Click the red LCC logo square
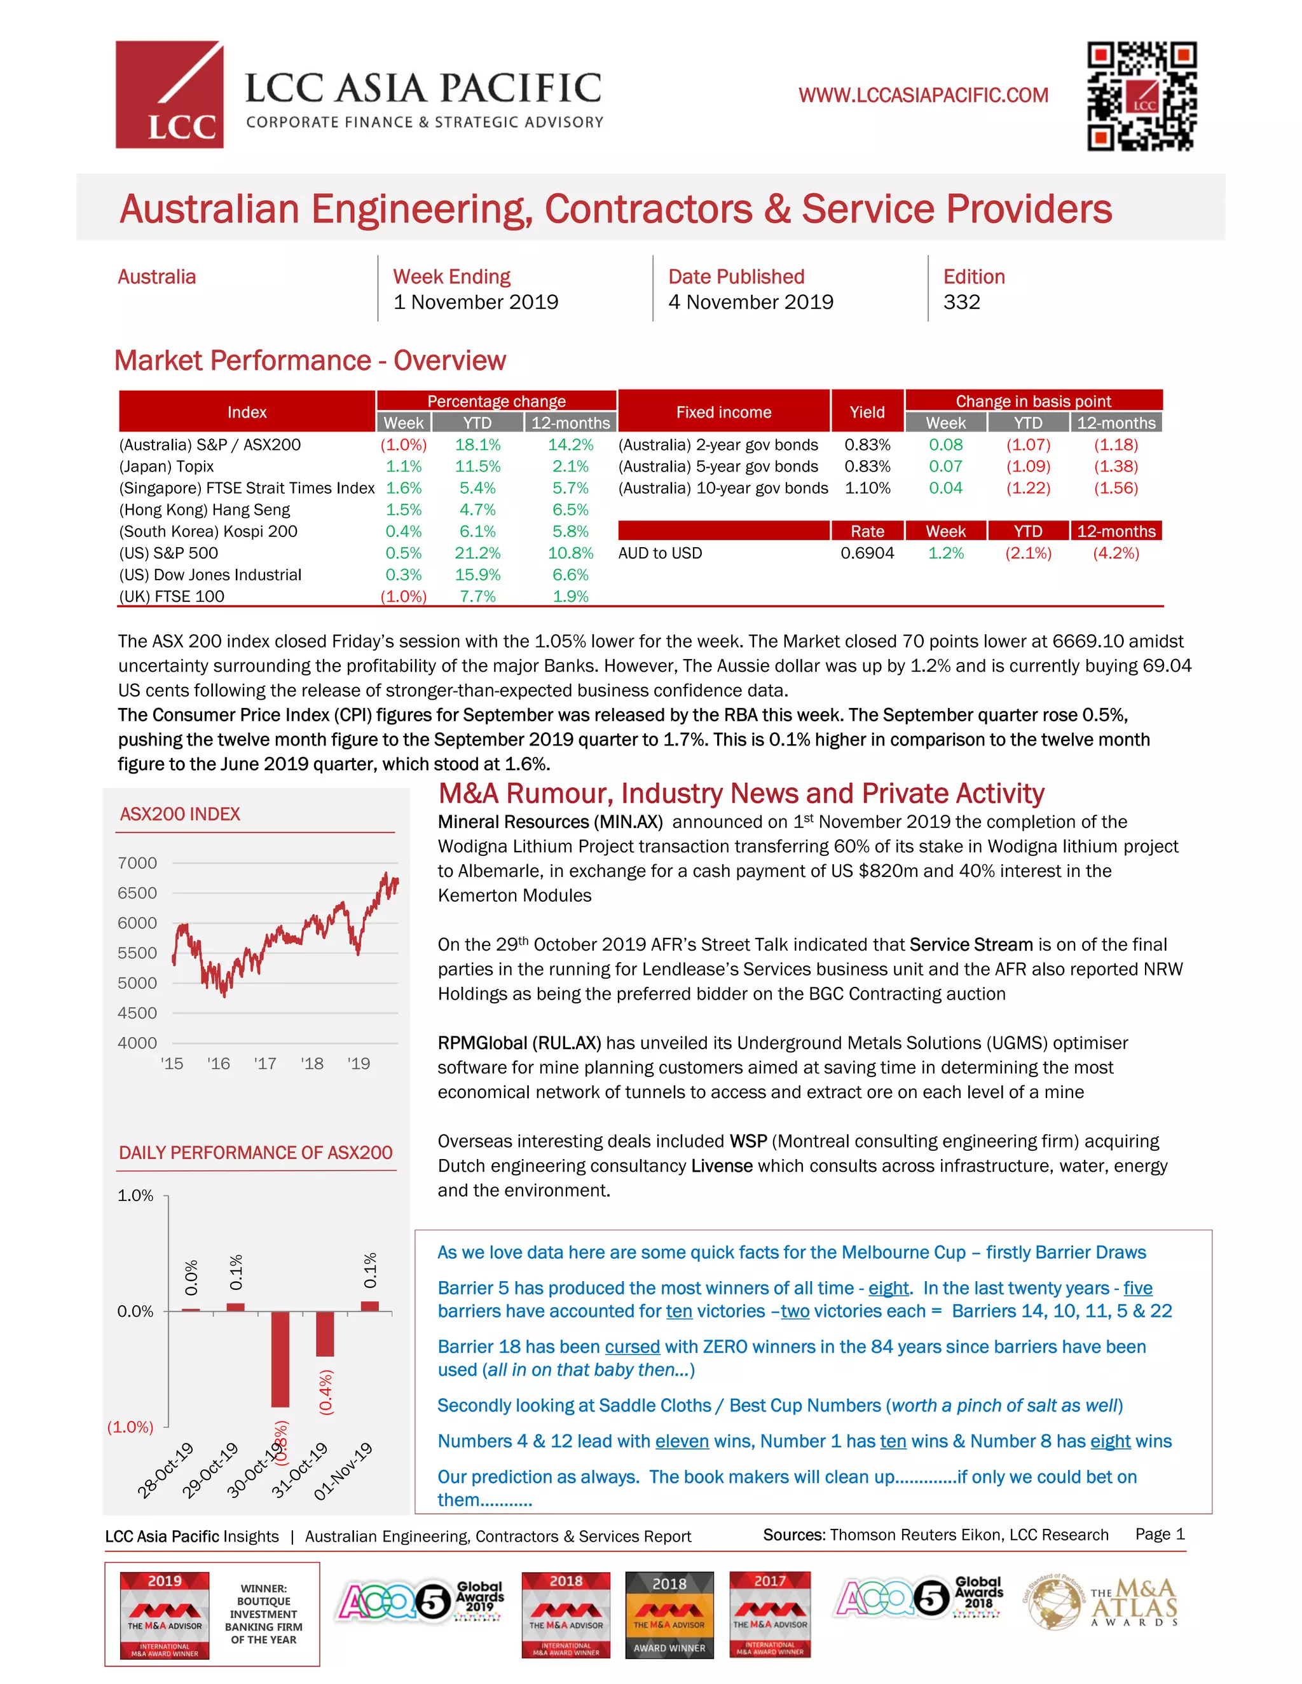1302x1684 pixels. click(x=169, y=94)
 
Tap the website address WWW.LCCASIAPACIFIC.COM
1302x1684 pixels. click(x=923, y=95)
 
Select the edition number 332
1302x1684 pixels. click(x=961, y=302)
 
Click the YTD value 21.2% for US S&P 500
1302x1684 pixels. click(x=477, y=553)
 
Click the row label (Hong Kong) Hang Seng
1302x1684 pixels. click(x=205, y=510)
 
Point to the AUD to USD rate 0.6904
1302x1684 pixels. click(x=867, y=553)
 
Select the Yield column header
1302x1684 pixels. click(x=867, y=412)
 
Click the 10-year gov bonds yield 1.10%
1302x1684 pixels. click(x=867, y=488)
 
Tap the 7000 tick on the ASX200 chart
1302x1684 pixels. click(x=137, y=863)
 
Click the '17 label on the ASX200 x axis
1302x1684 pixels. click(x=264, y=1063)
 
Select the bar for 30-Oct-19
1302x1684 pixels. click(x=280, y=1359)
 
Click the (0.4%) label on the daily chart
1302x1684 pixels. click(x=326, y=1392)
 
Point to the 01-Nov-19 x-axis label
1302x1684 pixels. click(x=343, y=1471)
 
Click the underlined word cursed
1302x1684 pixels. click(x=632, y=1347)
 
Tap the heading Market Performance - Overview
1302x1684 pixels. click(x=310, y=361)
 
